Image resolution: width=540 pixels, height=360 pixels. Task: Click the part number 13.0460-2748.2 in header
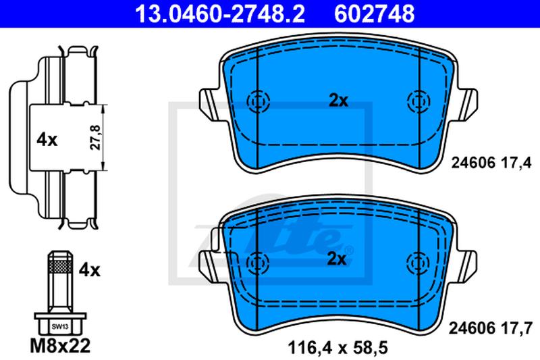pos(220,14)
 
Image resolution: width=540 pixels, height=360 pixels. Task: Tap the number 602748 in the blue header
pos(375,14)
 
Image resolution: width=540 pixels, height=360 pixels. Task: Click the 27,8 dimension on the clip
pos(95,137)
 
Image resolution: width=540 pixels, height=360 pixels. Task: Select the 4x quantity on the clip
pos(47,140)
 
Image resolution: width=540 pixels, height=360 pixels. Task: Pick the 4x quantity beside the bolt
pos(90,269)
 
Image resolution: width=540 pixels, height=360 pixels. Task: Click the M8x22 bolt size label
pos(60,346)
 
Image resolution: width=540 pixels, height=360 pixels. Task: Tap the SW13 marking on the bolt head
pos(60,327)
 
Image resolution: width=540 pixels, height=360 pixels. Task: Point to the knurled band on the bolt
pos(60,266)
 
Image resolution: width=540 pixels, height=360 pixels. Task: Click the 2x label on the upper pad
pos(339,101)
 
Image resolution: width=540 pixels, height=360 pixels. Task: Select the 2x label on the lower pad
pos(336,259)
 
